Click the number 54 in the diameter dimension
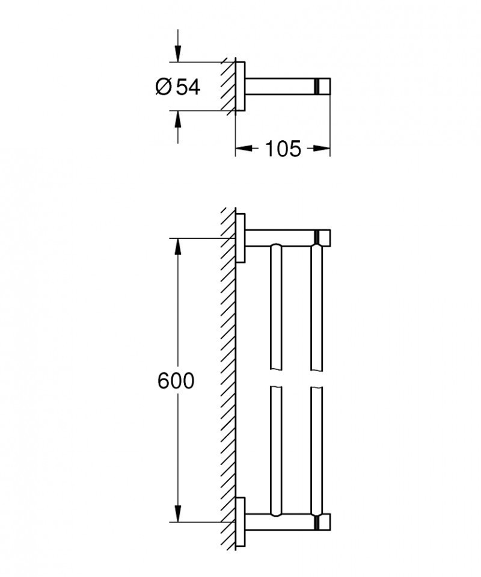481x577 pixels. pos(188,87)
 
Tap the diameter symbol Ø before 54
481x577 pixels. pos(164,87)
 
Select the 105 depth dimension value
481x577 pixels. pos(283,149)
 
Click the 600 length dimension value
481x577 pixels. pos(176,381)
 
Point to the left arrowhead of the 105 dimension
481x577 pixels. pos(240,149)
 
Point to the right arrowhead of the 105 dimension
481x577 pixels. pos(325,149)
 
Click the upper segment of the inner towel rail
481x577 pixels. pos(275,307)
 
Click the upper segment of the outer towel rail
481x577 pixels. pos(317,307)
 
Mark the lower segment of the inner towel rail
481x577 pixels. pos(275,448)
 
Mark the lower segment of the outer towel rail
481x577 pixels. pos(317,448)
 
